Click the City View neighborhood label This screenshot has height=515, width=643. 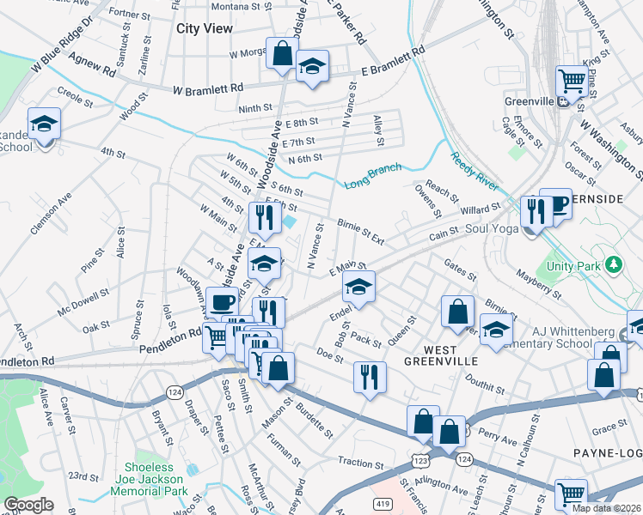tap(205, 28)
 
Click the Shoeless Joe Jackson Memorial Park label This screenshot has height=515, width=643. tap(148, 485)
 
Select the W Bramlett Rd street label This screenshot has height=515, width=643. tap(207, 88)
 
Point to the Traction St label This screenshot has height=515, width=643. tap(360, 462)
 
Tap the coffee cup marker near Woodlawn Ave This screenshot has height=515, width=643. tap(223, 301)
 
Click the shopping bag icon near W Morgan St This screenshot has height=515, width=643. tap(282, 54)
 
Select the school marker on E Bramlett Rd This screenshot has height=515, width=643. tap(312, 67)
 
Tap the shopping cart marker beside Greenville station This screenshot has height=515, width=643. tap(571, 82)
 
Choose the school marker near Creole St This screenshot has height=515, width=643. tap(43, 124)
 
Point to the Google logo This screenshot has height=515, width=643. tap(28, 505)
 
